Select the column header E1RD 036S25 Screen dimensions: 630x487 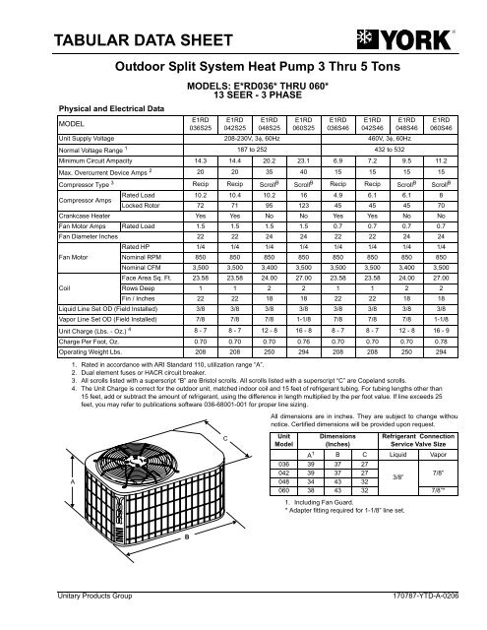200,125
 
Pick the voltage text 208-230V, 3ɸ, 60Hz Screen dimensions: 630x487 251,141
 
